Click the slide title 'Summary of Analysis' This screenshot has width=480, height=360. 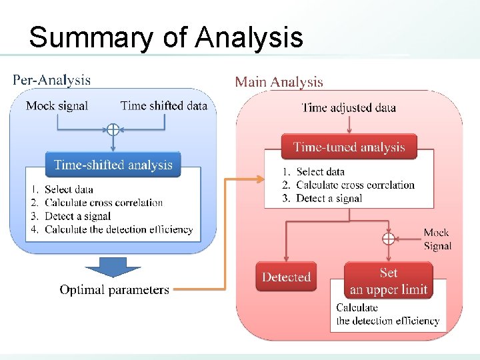[166, 37]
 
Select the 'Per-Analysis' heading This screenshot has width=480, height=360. [51, 81]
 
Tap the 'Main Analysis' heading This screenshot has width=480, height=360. [279, 82]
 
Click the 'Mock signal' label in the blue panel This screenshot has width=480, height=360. [57, 105]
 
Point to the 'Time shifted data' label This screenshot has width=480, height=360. [163, 105]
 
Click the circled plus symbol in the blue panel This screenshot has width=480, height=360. [113, 129]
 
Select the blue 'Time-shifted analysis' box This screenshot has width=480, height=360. [113, 165]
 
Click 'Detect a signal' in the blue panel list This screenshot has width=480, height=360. [77, 216]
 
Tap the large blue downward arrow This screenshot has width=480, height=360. [113, 267]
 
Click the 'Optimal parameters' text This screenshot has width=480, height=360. [114, 290]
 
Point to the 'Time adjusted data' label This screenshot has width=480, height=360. [349, 107]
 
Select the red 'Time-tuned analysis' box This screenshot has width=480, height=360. [349, 147]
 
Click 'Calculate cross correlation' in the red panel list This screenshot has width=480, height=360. [355, 185]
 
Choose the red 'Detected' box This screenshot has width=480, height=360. [286, 277]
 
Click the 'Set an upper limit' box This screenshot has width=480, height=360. [388, 280]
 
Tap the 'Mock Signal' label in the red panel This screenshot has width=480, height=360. [437, 239]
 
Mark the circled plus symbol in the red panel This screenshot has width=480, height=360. [388, 238]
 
